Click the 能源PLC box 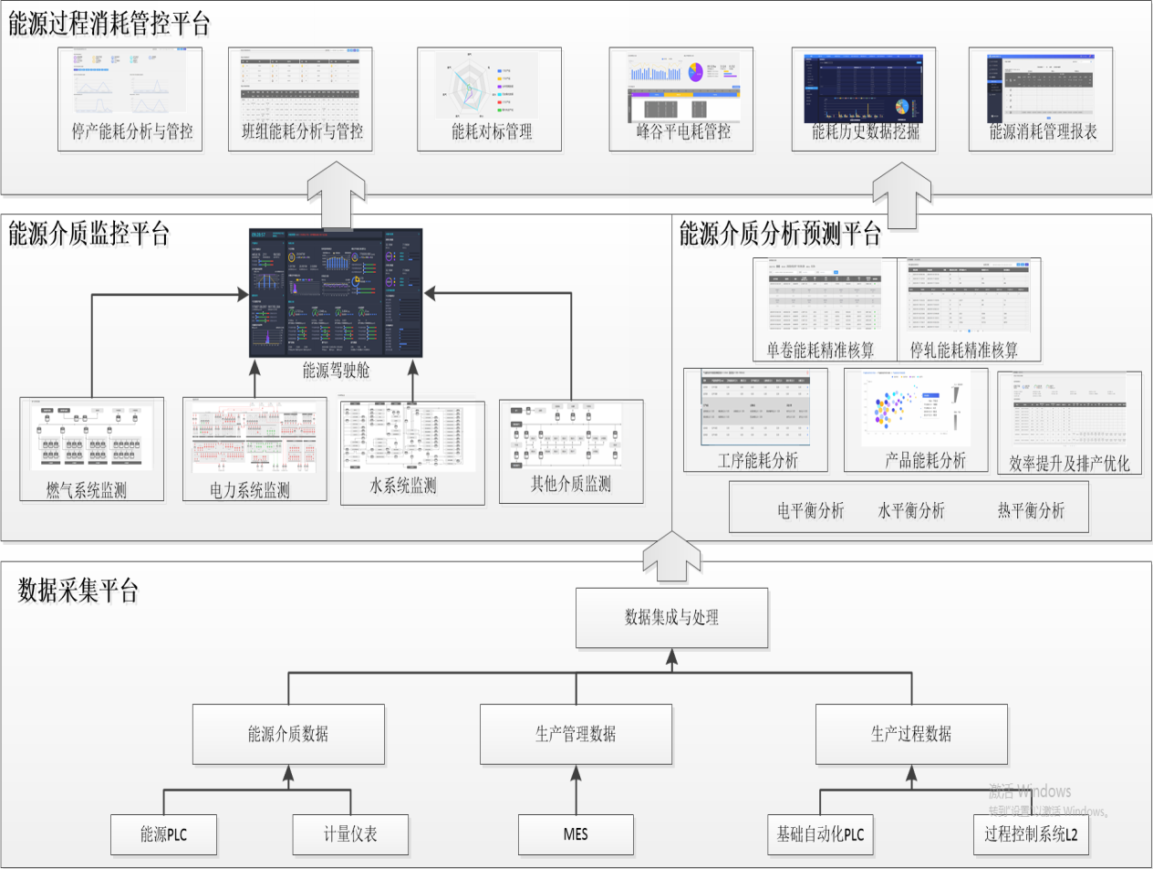coord(164,834)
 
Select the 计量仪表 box coord(350,834)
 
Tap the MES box coord(576,834)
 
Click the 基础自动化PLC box coord(819,834)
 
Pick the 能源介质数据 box coord(288,734)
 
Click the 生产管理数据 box coord(576,734)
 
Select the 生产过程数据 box coord(911,734)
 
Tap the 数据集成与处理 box coord(671,617)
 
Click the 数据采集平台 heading coord(78,591)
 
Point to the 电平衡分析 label coord(810,510)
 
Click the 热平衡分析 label coord(1031,510)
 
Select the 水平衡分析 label coord(911,510)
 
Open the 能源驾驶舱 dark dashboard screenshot coord(336,292)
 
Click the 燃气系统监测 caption coord(87,491)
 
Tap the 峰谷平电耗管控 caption coord(683,131)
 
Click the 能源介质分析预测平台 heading coord(780,235)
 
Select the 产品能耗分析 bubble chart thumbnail coord(915,408)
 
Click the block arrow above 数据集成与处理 coord(671,558)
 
